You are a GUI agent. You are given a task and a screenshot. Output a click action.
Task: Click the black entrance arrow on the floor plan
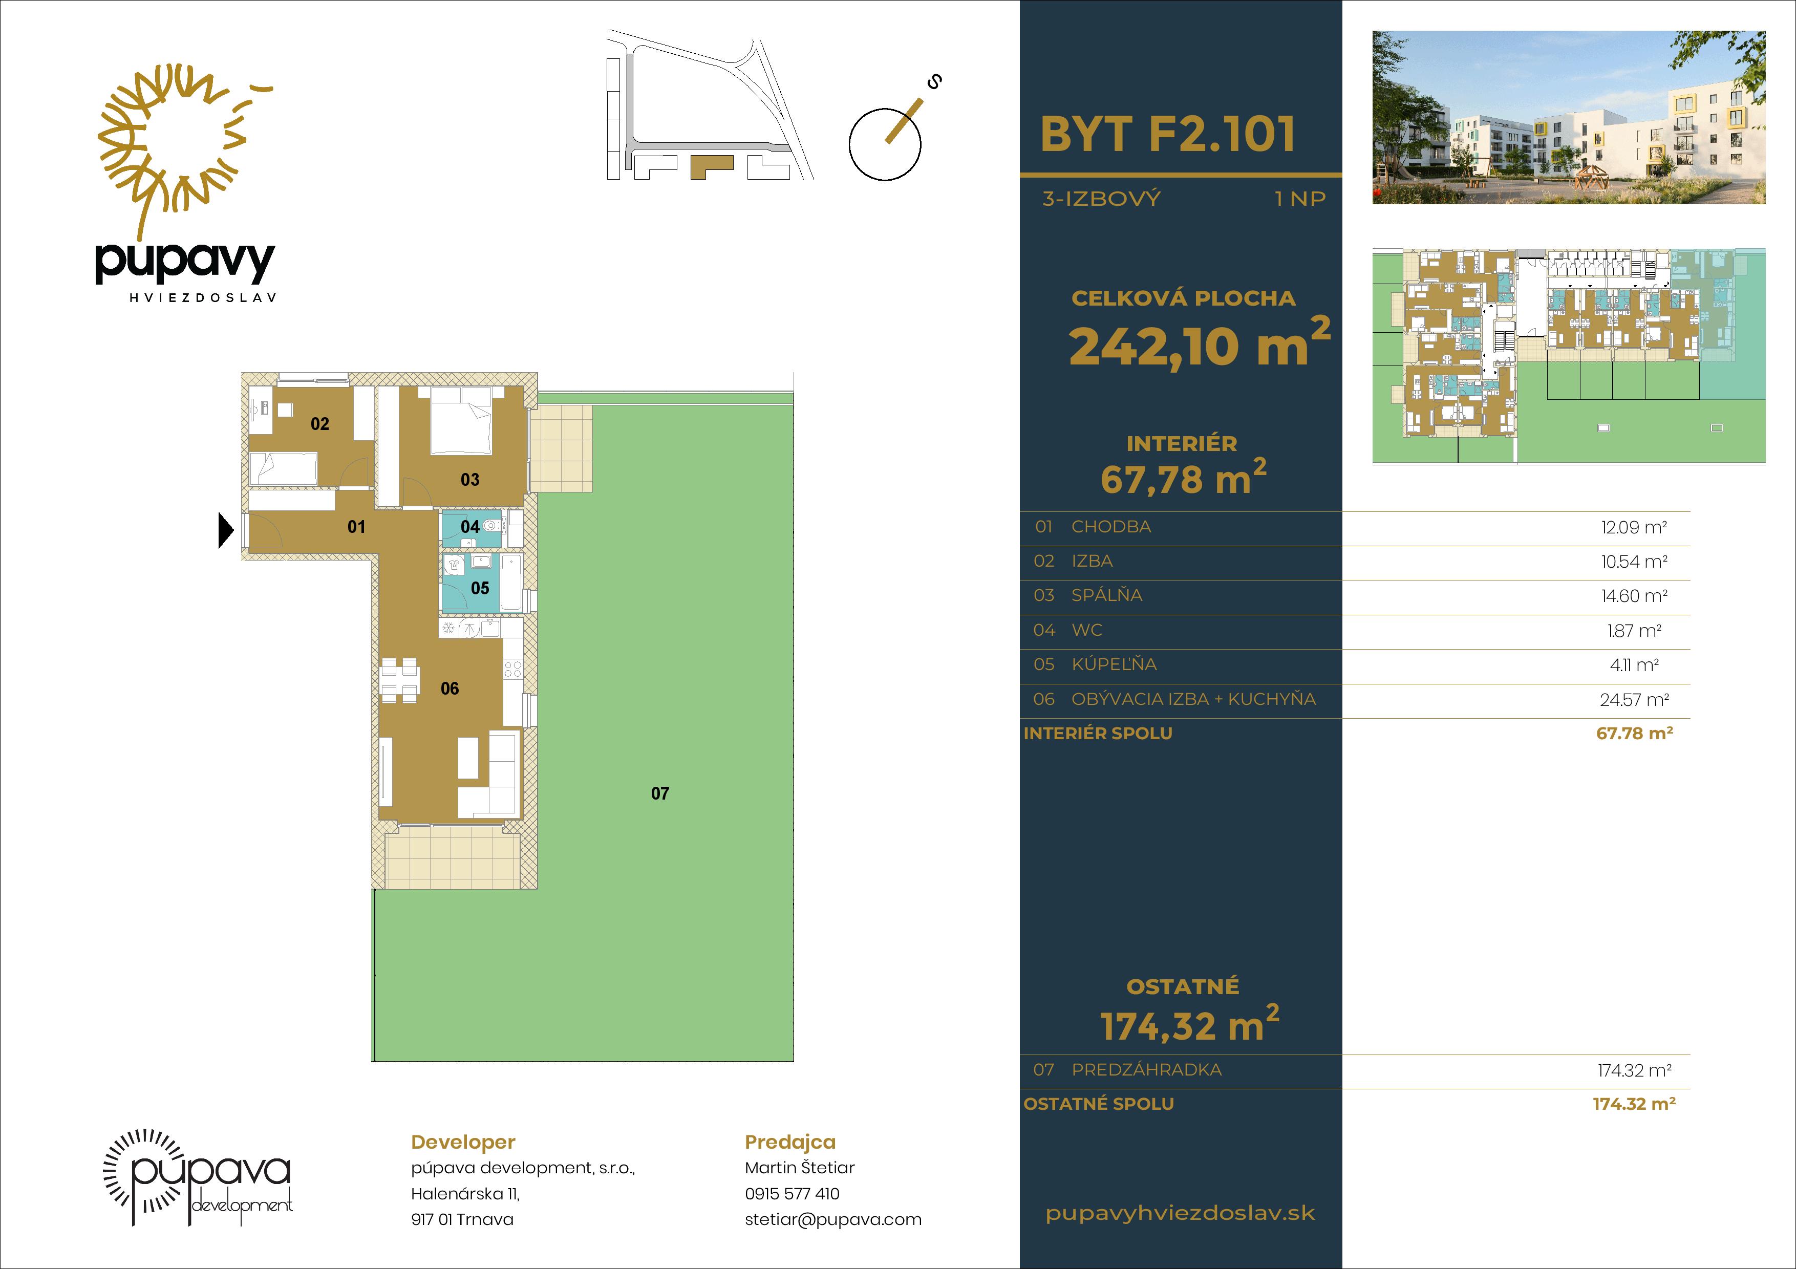(225, 531)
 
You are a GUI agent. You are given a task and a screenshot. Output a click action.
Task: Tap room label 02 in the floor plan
(320, 424)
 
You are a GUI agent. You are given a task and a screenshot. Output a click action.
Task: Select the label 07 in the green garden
(660, 793)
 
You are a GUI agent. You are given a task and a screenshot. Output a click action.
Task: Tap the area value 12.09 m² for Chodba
(1634, 528)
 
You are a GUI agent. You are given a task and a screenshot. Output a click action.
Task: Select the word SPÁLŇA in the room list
(1107, 596)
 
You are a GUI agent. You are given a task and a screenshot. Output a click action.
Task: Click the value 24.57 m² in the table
(1634, 700)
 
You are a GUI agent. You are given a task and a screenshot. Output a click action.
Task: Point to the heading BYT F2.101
(1168, 135)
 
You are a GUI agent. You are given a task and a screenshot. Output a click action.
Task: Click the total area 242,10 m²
(1199, 343)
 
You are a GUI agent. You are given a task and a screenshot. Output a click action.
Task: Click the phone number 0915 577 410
(792, 1194)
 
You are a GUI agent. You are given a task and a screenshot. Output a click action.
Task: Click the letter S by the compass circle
(933, 81)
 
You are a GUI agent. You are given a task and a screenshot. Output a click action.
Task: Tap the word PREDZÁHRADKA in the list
(1146, 1070)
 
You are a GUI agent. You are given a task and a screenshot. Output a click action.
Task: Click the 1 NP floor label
(1300, 199)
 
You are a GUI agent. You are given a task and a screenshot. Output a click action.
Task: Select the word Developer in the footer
(463, 1143)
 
